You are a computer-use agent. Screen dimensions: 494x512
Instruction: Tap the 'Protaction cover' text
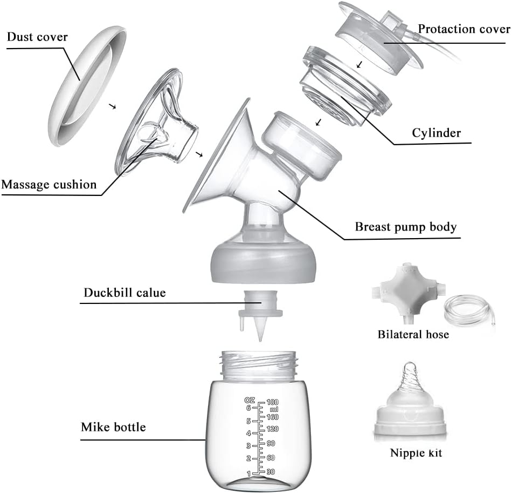pos(464,29)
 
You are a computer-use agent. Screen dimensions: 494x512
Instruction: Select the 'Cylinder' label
pos(436,133)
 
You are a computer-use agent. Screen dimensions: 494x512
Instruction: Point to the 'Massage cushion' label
pos(49,185)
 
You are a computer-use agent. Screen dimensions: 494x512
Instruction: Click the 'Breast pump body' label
pos(405,227)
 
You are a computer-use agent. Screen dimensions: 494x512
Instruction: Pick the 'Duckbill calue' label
pos(124,293)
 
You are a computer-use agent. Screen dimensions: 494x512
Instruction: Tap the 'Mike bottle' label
pos(113,428)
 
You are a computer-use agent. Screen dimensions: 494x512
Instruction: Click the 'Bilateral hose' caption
pos(413,335)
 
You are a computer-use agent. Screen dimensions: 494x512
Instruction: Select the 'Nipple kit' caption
pos(416,453)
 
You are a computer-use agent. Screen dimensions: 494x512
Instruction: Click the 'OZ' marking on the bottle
pos(249,400)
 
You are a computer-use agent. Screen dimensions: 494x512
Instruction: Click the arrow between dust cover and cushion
pos(113,106)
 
